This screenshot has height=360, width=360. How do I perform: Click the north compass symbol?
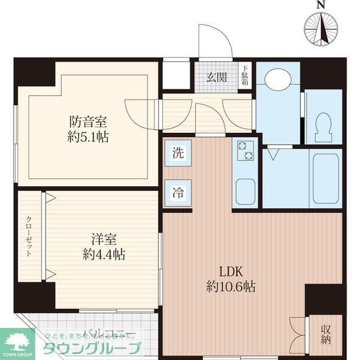pos(322,28)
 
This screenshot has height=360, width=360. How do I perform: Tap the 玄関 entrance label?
pos(216,78)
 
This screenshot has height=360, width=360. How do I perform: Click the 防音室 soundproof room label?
pos(88,121)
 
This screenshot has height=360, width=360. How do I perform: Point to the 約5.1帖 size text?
pos(88,136)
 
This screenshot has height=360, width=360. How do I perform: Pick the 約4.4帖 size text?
pos(102,254)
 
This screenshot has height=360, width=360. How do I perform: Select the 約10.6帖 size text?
pos(231,287)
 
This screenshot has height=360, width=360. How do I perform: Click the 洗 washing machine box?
pos(178,152)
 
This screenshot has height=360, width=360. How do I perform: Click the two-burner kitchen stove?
pos(245,150)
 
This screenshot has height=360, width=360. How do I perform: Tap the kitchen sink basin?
pos(245,191)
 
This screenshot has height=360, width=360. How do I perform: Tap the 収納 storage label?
pos(326,334)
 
